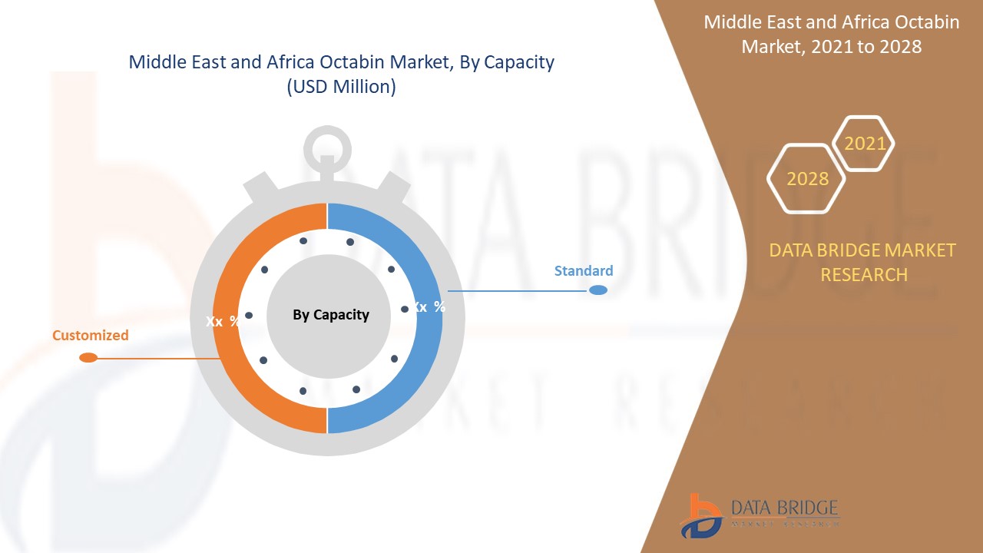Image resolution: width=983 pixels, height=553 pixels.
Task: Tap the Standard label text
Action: coord(584,270)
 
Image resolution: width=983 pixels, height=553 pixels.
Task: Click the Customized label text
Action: coord(91,335)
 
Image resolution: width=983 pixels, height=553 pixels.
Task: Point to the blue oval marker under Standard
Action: coord(598,290)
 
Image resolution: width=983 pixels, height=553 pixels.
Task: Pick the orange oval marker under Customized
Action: coord(88,357)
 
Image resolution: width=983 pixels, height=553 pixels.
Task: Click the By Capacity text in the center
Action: coord(331,314)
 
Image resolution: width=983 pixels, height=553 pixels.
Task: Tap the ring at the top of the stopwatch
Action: coord(328,146)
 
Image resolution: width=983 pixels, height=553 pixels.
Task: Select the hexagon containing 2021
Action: coord(864,144)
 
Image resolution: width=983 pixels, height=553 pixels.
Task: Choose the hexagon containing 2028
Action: coord(807,178)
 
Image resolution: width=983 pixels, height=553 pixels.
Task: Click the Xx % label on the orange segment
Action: coord(222,321)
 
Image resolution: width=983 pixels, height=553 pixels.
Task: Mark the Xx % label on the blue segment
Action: coord(429,306)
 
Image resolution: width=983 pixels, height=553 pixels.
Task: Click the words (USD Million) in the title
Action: coord(341,87)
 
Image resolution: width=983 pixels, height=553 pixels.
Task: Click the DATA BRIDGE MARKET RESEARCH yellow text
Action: coord(862,262)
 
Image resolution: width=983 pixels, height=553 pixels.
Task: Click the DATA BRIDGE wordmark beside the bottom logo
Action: coord(784,508)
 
